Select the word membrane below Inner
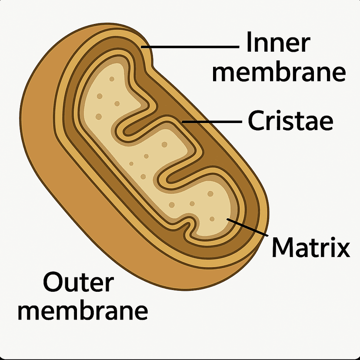pyautogui.click(x=279, y=73)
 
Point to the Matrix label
pyautogui.click(x=310, y=248)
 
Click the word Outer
pyautogui.click(x=79, y=283)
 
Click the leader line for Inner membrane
pyautogui.click(x=191, y=46)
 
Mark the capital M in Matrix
pyautogui.click(x=283, y=248)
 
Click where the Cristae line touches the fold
pyautogui.click(x=183, y=122)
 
